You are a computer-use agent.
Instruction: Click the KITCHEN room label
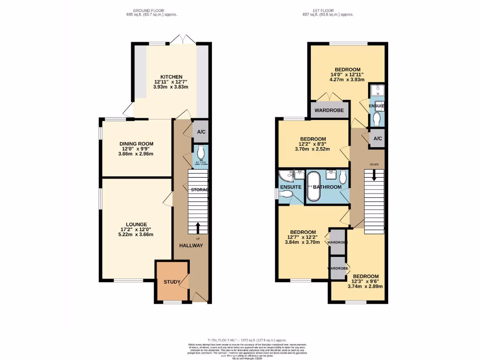pos(171,77)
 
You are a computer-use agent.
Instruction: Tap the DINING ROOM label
pos(136,144)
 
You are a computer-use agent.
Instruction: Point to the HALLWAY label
pos(191,245)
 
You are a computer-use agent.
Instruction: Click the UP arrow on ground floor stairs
pos(197,228)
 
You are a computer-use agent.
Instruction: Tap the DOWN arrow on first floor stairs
pos(374,174)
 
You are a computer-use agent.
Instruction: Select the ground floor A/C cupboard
pos(201,132)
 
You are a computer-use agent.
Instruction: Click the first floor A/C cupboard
pos(377,139)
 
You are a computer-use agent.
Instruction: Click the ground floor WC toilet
pos(201,152)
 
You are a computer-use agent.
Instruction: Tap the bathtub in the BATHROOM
pos(312,187)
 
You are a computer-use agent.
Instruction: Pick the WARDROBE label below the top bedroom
pos(329,111)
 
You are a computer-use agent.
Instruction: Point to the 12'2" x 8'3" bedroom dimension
pos(313,144)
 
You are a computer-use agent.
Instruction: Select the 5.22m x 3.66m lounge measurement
pos(136,234)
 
